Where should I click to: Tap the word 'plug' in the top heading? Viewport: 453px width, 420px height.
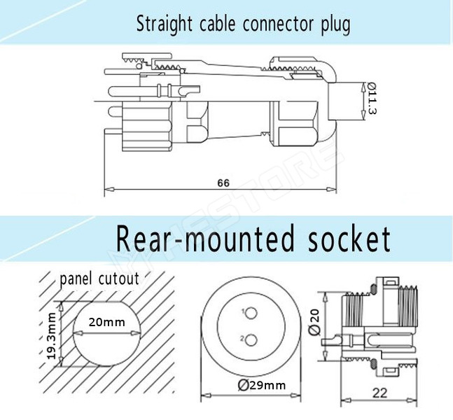tap(335, 25)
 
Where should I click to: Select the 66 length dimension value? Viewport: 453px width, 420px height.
tap(223, 183)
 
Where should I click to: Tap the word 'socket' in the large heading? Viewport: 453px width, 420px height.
tap(348, 239)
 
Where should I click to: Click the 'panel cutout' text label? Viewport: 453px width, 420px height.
tap(99, 279)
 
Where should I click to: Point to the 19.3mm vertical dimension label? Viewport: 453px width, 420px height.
tap(51, 335)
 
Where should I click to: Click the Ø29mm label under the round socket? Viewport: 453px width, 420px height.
tap(261, 385)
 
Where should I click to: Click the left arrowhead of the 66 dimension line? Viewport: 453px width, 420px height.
tap(107, 190)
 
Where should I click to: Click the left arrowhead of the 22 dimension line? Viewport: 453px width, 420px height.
tap(343, 402)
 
